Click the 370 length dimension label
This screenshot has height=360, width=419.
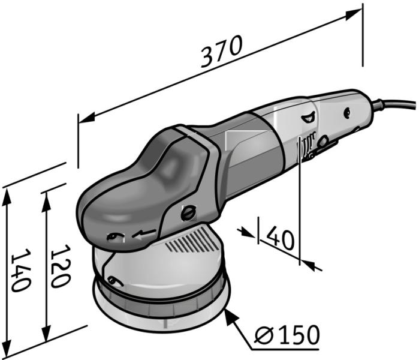222,52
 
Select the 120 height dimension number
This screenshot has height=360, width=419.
61,266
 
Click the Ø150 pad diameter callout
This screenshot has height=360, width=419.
287,335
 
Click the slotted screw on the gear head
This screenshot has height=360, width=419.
189,213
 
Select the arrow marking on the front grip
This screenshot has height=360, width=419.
144,233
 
